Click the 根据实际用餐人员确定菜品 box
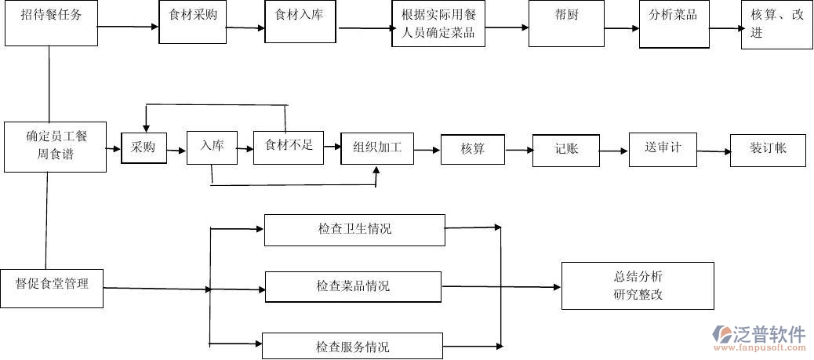(x=438, y=24)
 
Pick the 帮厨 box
(x=566, y=24)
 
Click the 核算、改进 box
(x=776, y=24)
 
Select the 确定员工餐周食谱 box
(x=56, y=147)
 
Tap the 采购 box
(x=144, y=147)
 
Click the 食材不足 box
(x=289, y=146)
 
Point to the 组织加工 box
(x=377, y=147)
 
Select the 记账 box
(x=565, y=148)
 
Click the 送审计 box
(x=663, y=148)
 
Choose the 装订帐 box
(x=768, y=149)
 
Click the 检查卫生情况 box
(x=354, y=230)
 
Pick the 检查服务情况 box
(x=353, y=346)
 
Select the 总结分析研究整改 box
(x=638, y=285)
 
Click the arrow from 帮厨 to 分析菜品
(x=622, y=29)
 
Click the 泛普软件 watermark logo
(x=758, y=337)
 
